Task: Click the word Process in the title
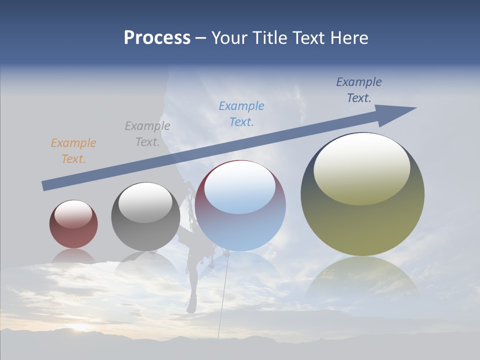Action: point(157,38)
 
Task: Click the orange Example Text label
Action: point(73,151)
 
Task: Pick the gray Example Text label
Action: point(147,134)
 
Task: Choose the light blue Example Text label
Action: point(241,114)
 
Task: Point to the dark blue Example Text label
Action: point(359,90)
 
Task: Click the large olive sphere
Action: point(362,220)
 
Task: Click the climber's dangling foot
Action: point(191,304)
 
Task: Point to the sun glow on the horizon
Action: point(80,328)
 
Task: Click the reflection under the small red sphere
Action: point(73,256)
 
